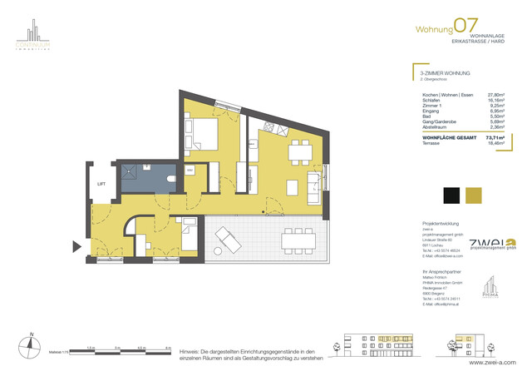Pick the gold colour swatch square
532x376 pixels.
[474, 195]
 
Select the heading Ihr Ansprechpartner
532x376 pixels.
[440, 273]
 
